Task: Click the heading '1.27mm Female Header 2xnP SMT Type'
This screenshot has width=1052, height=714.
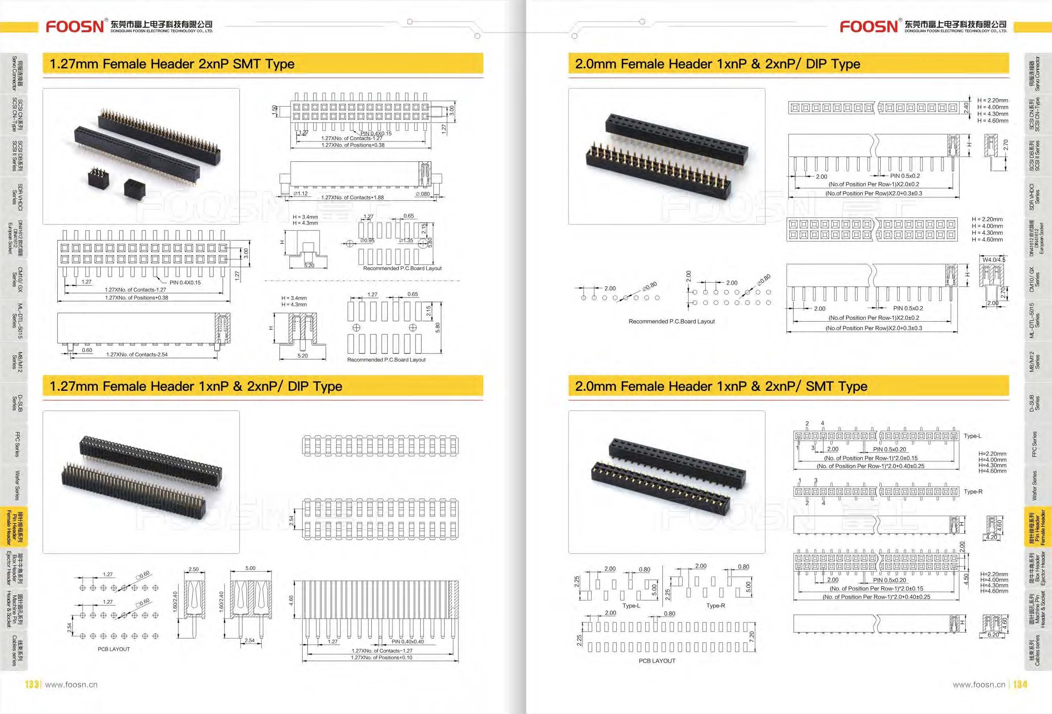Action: (x=172, y=64)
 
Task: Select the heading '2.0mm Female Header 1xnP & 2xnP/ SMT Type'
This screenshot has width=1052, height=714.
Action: (x=721, y=386)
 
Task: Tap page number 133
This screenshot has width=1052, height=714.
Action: (x=32, y=684)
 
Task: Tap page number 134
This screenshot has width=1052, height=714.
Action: (x=1020, y=684)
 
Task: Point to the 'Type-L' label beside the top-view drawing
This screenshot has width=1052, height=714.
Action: (x=972, y=436)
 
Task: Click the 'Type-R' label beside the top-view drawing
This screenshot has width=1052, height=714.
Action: (x=973, y=491)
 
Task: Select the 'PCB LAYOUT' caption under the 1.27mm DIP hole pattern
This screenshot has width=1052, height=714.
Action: (x=114, y=649)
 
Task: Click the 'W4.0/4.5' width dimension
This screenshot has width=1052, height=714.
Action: (x=994, y=260)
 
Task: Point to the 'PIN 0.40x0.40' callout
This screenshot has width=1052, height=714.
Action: (x=408, y=642)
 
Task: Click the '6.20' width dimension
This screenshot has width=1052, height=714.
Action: (x=993, y=635)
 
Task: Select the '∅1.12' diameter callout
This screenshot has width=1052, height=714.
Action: (x=301, y=194)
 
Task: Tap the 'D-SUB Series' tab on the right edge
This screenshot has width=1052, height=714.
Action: (x=1035, y=403)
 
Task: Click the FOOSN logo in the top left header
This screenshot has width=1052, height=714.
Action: (x=75, y=26)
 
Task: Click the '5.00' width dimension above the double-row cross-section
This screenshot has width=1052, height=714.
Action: (x=250, y=568)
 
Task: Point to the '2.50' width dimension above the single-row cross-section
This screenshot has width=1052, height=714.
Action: (x=193, y=569)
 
